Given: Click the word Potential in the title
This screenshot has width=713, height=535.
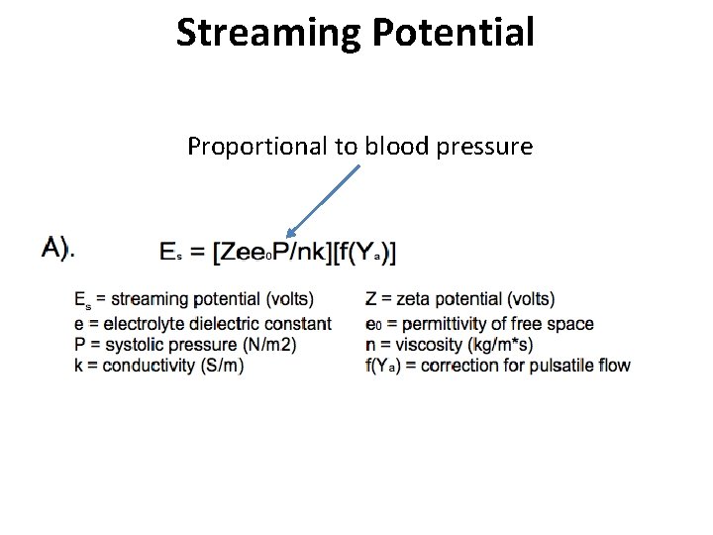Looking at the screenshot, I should (x=454, y=33).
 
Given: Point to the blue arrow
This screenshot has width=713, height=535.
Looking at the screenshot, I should (x=320, y=202).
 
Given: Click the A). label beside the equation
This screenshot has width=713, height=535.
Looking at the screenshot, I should (x=56, y=250).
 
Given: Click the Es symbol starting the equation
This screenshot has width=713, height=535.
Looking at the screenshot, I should (x=170, y=253).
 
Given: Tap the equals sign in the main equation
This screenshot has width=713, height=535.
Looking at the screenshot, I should (x=198, y=253).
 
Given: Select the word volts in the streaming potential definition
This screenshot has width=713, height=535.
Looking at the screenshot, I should (x=311, y=298).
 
